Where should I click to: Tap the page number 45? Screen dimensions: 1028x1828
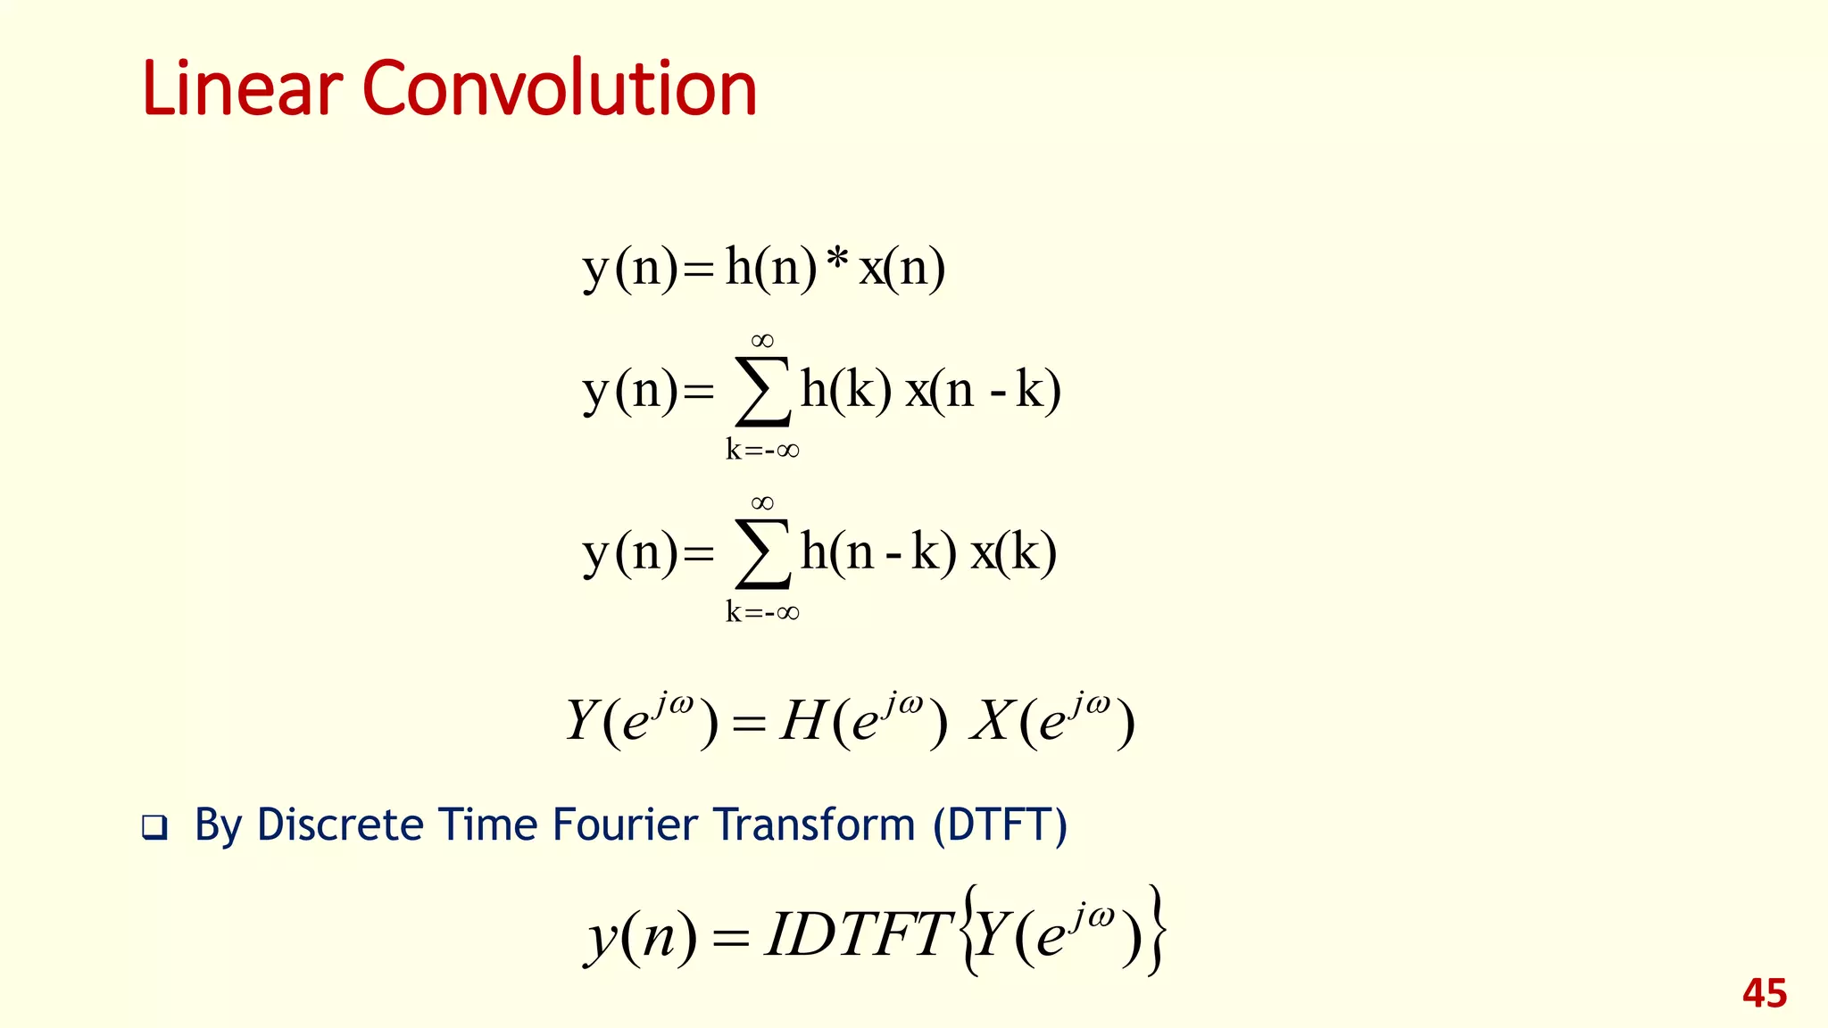click(1764, 993)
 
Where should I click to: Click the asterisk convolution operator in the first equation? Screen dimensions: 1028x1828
click(836, 262)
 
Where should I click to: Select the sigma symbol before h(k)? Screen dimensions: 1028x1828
click(762, 392)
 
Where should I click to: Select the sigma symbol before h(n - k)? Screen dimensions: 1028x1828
click(762, 554)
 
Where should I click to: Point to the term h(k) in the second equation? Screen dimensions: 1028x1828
click(845, 390)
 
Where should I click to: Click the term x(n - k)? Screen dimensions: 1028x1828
click(983, 390)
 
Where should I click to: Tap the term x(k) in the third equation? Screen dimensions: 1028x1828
click(1014, 552)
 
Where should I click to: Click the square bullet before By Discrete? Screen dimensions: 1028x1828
click(154, 827)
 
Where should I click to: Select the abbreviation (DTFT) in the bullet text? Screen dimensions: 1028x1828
click(1000, 824)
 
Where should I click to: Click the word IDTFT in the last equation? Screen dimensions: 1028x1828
click(859, 934)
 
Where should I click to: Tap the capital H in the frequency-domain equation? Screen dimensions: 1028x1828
click(801, 721)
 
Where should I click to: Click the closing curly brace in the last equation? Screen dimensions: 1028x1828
click(1156, 931)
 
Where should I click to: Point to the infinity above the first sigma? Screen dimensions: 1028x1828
click(762, 340)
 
